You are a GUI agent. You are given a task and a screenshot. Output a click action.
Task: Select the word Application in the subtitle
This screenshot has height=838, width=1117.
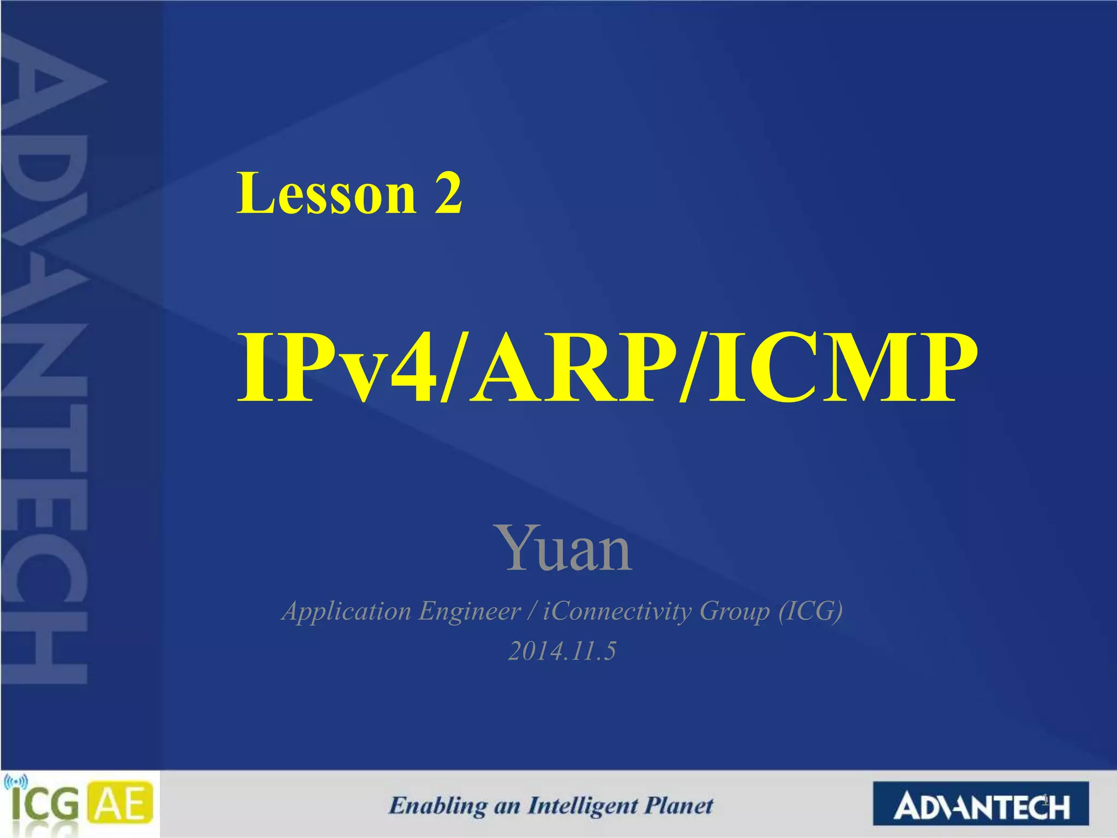pyautogui.click(x=346, y=611)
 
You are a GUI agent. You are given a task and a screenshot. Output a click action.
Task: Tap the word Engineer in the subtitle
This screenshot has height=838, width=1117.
pyautogui.click(x=469, y=611)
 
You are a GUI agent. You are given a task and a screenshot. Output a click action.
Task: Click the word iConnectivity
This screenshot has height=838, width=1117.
pyautogui.click(x=617, y=611)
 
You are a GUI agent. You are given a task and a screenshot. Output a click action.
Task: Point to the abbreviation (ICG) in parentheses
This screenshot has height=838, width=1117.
pyautogui.click(x=810, y=611)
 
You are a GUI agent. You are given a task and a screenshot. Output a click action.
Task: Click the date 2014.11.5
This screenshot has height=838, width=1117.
pyautogui.click(x=562, y=651)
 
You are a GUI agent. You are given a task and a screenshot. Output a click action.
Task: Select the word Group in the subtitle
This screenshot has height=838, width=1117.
pyautogui.click(x=734, y=611)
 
